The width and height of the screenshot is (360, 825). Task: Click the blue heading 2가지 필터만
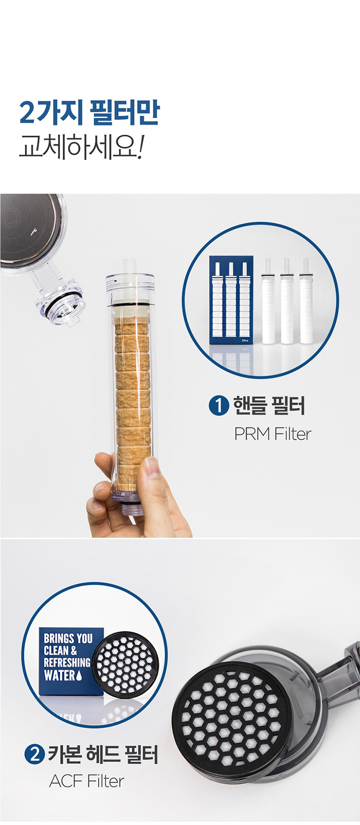(x=90, y=112)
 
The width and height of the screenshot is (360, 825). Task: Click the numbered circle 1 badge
(x=219, y=405)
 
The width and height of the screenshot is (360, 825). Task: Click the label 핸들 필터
(x=269, y=405)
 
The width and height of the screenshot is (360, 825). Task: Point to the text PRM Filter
(x=272, y=433)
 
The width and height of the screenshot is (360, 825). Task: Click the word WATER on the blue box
(x=59, y=676)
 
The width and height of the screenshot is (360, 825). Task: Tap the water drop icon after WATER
(x=78, y=676)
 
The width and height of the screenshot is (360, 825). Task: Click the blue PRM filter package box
(x=231, y=300)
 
